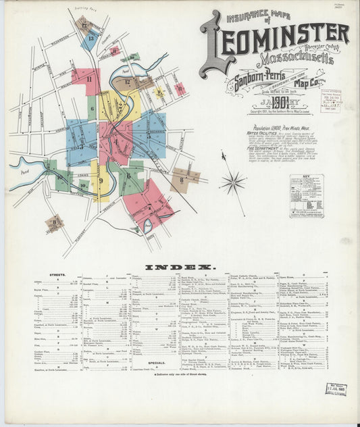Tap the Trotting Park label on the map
tap(84, 10)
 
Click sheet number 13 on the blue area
tap(89, 39)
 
